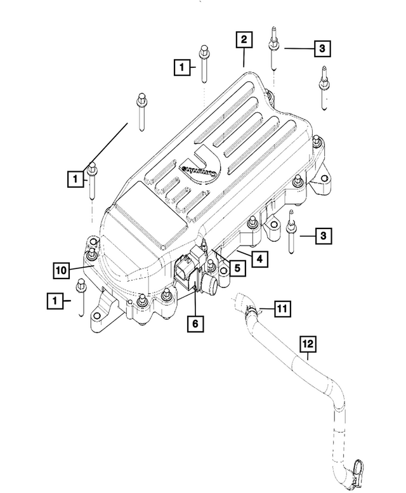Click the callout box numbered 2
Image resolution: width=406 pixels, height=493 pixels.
tap(243, 40)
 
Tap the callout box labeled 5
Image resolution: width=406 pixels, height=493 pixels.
tap(235, 268)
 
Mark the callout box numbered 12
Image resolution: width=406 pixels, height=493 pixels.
tap(308, 344)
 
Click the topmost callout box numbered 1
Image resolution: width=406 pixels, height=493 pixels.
tap(182, 66)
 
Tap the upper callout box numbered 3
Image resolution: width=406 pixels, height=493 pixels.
tap(322, 48)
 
